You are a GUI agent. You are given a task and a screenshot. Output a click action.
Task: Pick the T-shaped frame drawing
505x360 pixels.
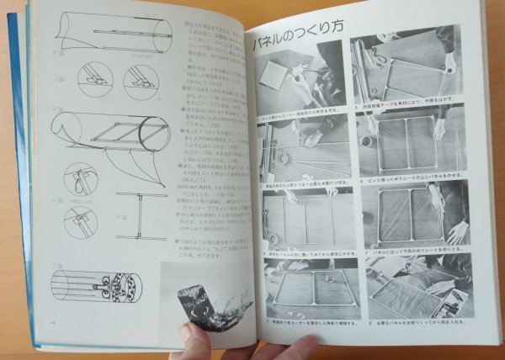tap(139, 214)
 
